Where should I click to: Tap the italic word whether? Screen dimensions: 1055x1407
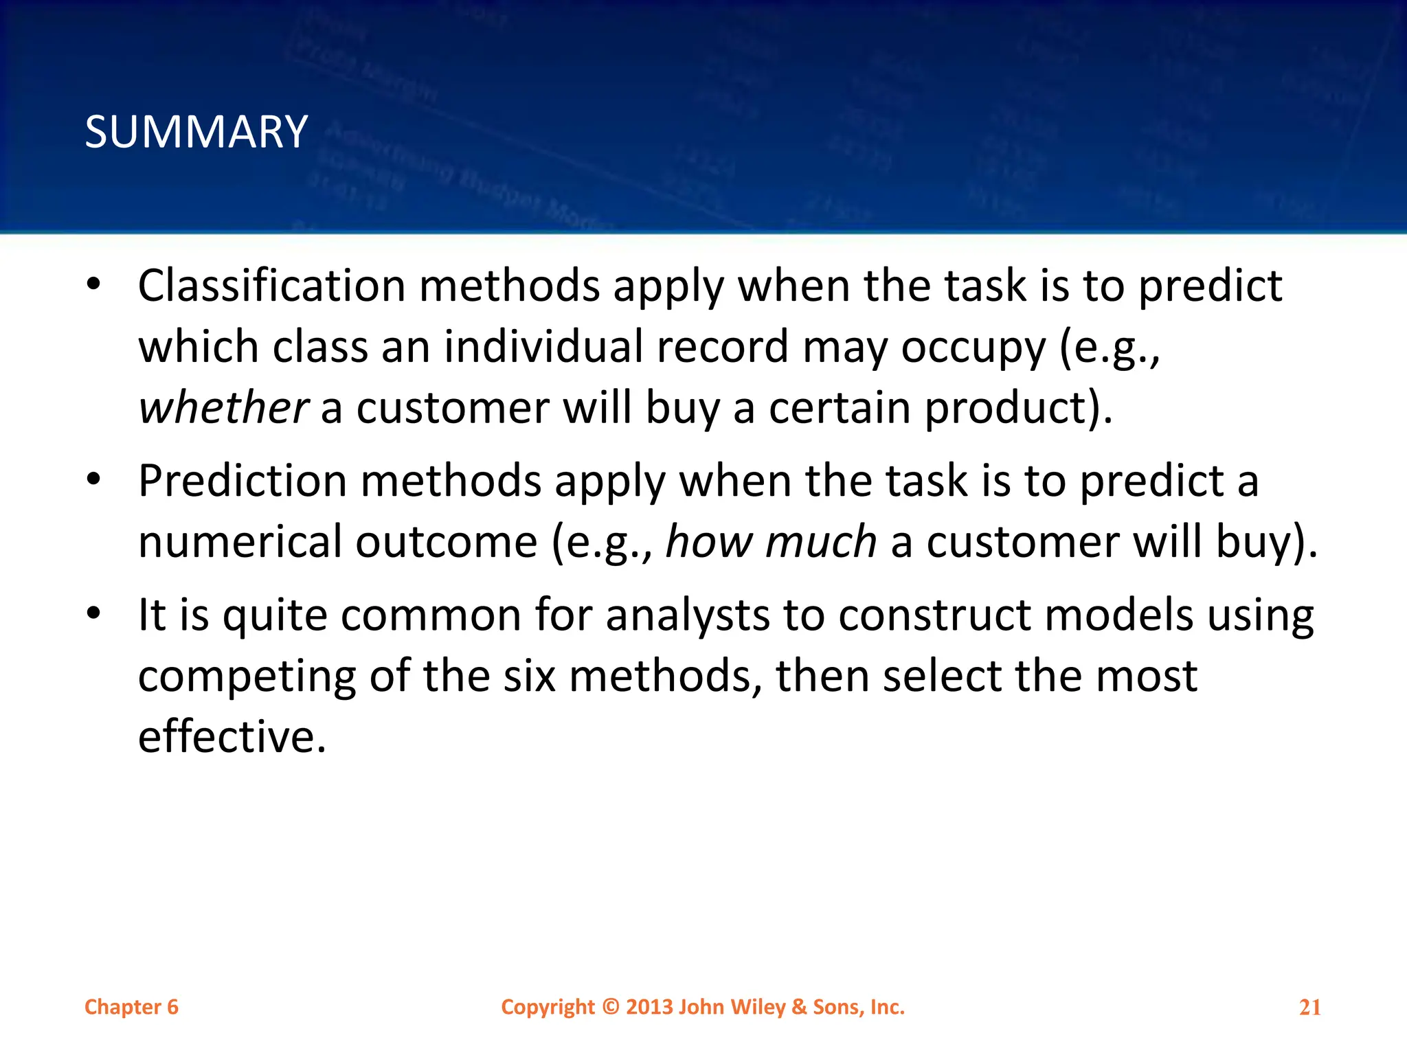223,407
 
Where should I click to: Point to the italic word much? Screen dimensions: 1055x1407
821,541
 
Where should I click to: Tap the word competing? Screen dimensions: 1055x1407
247,677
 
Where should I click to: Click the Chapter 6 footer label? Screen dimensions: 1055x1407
131,1007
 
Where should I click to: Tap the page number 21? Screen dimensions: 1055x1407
1309,1008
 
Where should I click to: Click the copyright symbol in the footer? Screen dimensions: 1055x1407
611,1007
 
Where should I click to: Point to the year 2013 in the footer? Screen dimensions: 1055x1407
649,1007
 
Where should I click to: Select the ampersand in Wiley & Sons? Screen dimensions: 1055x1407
799,1007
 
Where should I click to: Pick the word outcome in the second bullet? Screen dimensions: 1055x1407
446,541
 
